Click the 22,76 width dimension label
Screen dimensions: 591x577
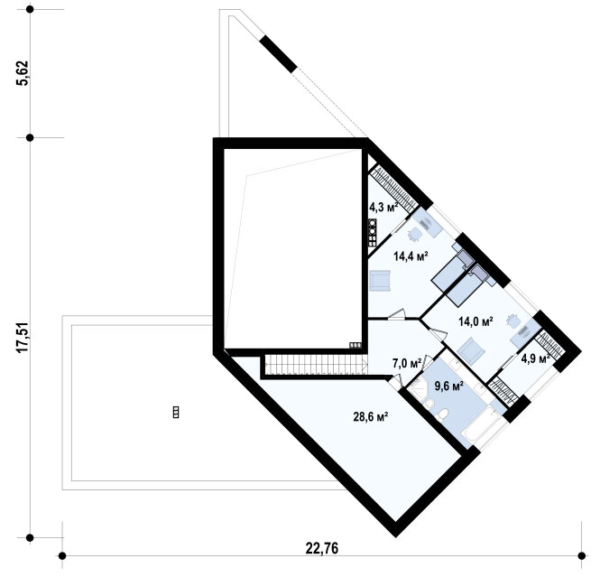[x=321, y=548]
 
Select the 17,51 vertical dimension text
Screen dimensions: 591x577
[x=23, y=338]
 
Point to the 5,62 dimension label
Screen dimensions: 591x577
[x=23, y=73]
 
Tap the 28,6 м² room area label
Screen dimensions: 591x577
[x=371, y=417]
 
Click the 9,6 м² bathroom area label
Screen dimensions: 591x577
[x=449, y=386]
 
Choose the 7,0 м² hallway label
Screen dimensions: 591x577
[x=407, y=364]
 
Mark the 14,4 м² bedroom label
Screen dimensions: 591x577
[x=411, y=256]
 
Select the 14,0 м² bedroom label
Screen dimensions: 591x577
[x=476, y=321]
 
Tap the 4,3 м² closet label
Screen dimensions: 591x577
[x=383, y=207]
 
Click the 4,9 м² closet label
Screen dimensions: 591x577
[x=536, y=358]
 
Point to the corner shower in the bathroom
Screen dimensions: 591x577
[x=418, y=387]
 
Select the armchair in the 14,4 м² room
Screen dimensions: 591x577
[x=380, y=281]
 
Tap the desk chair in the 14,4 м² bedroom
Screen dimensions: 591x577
[x=415, y=235]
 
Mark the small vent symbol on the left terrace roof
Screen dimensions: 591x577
[x=176, y=412]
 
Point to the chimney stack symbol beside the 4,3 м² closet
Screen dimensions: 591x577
[x=372, y=233]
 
